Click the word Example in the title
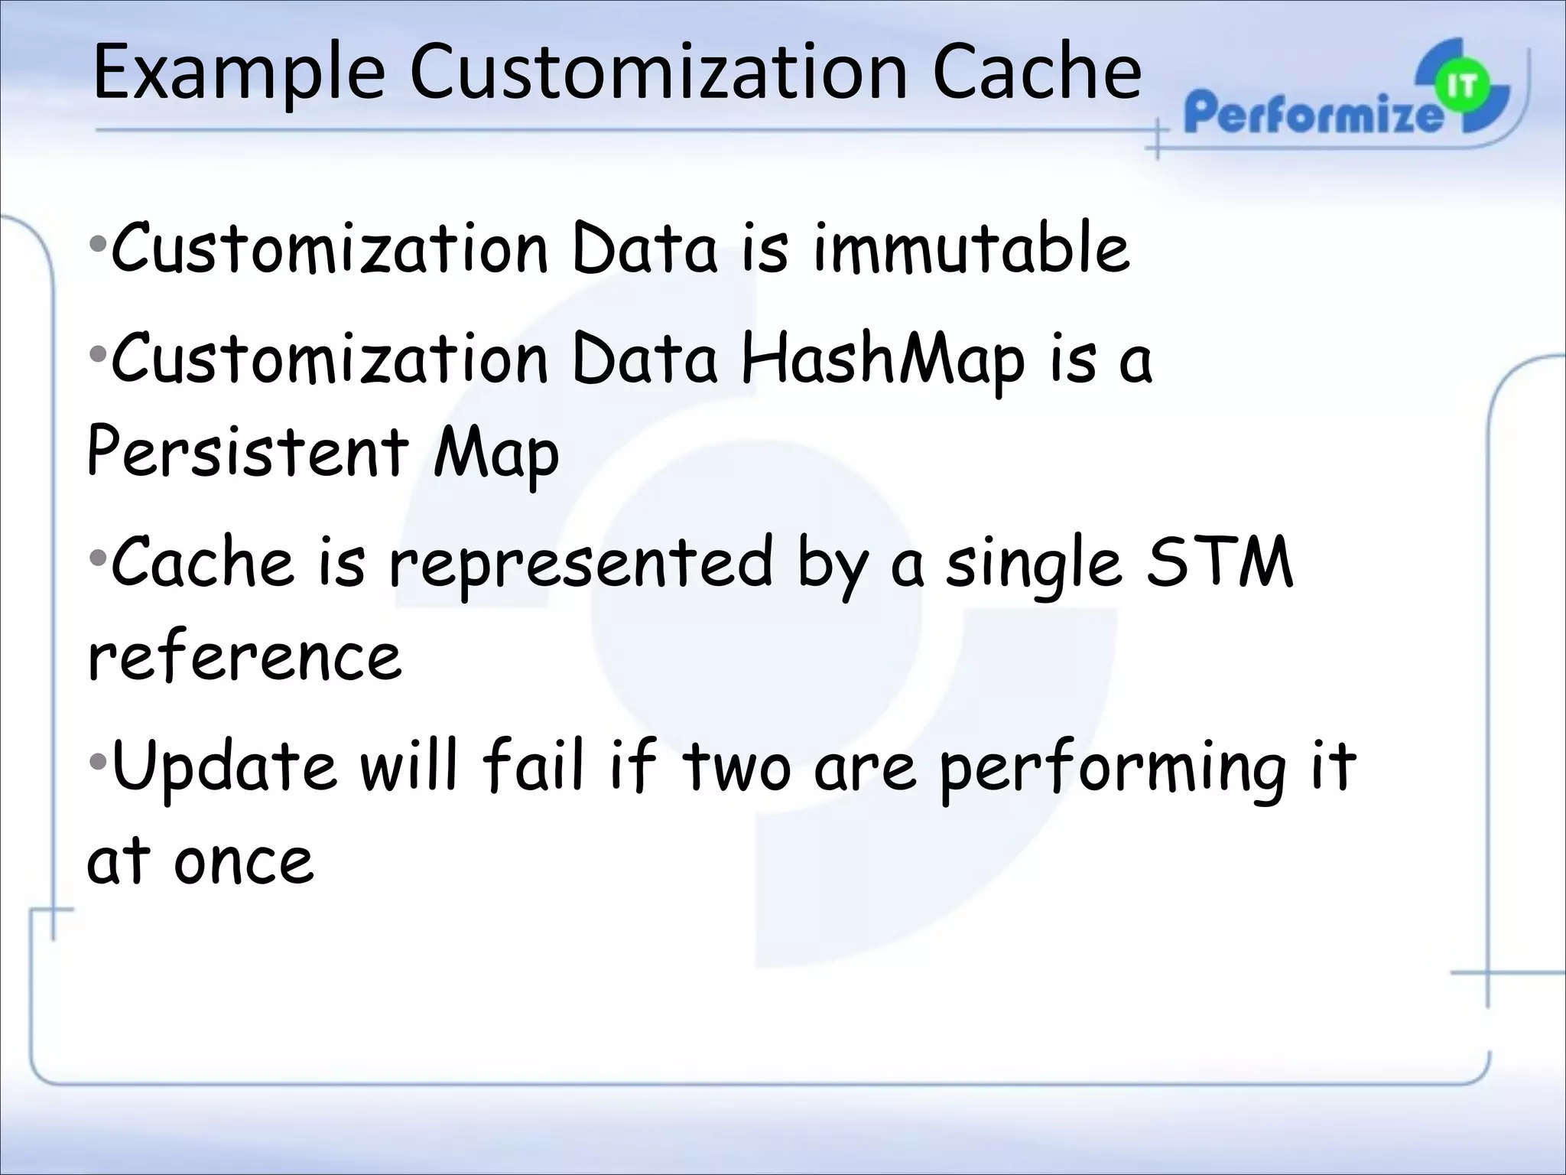[x=238, y=74]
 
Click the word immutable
[x=971, y=249]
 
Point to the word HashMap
[x=882, y=360]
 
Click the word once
[x=243, y=861]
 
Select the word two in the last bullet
[x=736, y=767]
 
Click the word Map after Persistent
[x=495, y=453]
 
